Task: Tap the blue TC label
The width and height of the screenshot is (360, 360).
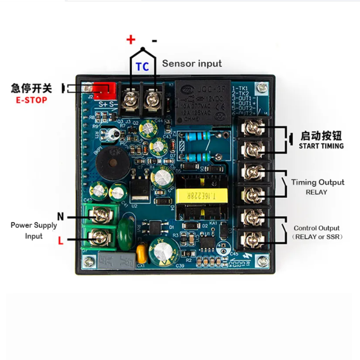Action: [142, 66]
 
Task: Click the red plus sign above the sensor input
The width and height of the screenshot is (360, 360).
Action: [131, 39]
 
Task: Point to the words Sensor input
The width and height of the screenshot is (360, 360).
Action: [192, 63]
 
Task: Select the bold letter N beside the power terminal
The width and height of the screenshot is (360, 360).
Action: [61, 217]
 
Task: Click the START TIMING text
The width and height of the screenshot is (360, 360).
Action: [321, 146]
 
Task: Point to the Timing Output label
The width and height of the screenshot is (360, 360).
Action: [317, 182]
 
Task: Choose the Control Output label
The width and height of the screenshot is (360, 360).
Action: [316, 228]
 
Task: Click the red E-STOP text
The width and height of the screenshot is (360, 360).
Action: [31, 100]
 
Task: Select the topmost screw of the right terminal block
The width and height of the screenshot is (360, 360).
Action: [253, 126]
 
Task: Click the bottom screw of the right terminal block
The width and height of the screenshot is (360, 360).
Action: [253, 239]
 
